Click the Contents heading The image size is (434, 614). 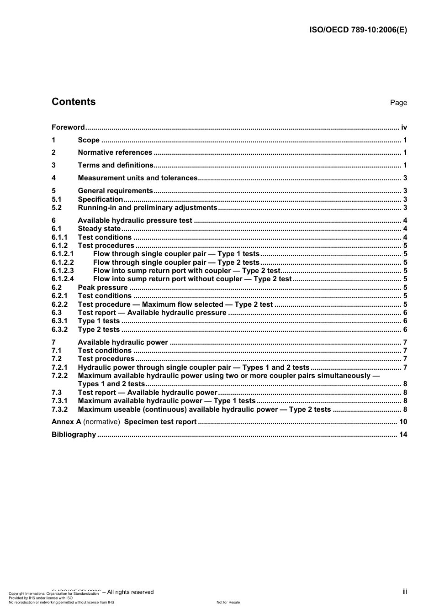74,102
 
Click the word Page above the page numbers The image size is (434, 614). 398,103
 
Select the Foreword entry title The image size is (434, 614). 68,127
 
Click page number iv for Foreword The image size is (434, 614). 404,127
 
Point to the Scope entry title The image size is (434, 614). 89,140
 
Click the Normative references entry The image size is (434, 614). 115,152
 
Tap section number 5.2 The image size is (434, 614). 57,208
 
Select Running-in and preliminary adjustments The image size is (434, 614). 147,208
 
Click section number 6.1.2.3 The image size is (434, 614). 63,271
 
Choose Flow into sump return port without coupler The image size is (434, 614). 192,279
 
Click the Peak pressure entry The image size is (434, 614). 103,288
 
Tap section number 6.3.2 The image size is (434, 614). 59,330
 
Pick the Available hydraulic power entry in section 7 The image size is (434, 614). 123,342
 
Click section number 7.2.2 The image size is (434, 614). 59,376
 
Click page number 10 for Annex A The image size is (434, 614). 403,422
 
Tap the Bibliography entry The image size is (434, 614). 74,435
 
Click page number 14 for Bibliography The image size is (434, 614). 403,435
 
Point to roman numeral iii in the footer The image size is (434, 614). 405,592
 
